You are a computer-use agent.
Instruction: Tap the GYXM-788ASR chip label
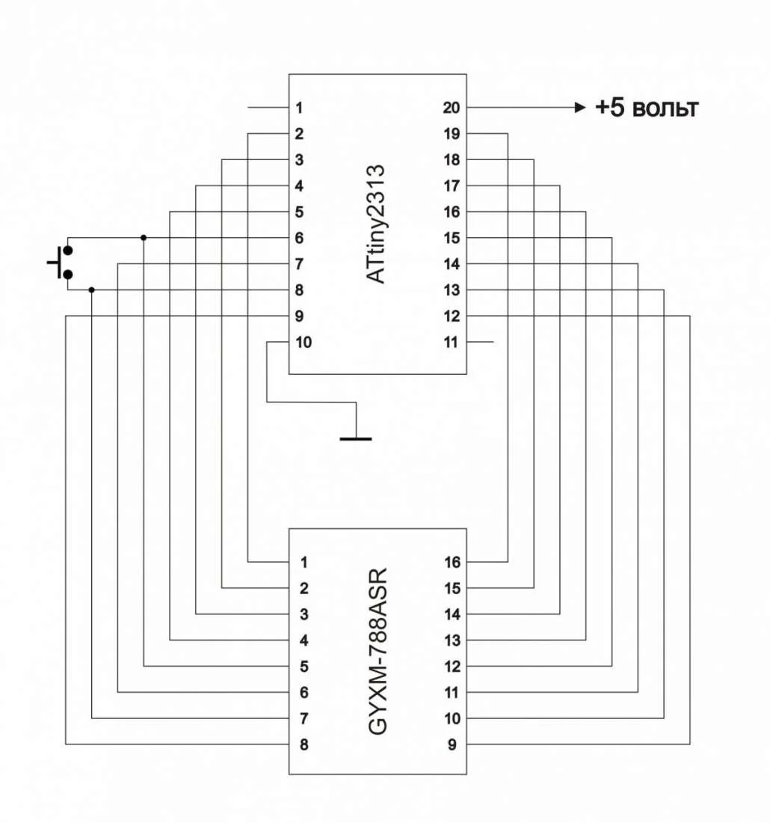pyautogui.click(x=378, y=651)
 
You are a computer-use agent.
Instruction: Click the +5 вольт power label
pyautogui.click(x=647, y=108)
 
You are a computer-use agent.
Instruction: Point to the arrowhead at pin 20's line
pyautogui.click(x=580, y=108)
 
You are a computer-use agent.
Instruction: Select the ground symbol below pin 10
pyautogui.click(x=356, y=438)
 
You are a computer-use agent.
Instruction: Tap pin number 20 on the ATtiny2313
pyautogui.click(x=451, y=108)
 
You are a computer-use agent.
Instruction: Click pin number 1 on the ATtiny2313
pyautogui.click(x=299, y=108)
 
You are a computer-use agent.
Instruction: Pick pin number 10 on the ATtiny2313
pyautogui.click(x=304, y=342)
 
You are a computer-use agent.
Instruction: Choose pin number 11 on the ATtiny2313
pyautogui.click(x=451, y=342)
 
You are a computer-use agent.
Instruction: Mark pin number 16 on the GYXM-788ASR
pyautogui.click(x=452, y=562)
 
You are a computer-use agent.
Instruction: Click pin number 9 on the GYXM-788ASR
pyautogui.click(x=452, y=744)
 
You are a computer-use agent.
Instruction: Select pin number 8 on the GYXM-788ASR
pyautogui.click(x=304, y=744)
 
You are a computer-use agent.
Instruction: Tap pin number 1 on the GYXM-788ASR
pyautogui.click(x=304, y=562)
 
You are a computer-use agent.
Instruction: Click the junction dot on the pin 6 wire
pyautogui.click(x=144, y=238)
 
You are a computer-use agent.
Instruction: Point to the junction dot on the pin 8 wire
pyautogui.click(x=92, y=290)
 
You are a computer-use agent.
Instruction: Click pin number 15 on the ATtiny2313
pyautogui.click(x=451, y=238)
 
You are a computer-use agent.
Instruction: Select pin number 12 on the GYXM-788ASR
pyautogui.click(x=452, y=667)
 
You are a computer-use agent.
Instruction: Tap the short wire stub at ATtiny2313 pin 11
pyautogui.click(x=480, y=342)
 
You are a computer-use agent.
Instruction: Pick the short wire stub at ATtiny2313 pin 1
pyautogui.click(x=268, y=108)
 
